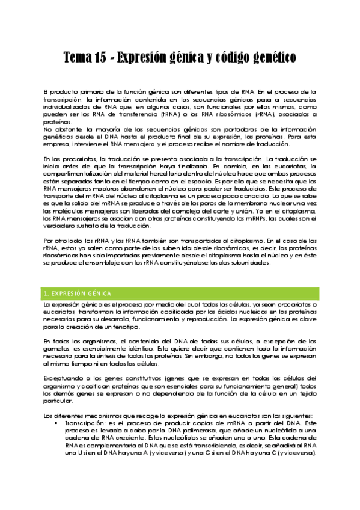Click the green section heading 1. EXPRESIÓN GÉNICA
coord(78,293)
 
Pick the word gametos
coord(58,349)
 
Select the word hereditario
coord(171,171)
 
